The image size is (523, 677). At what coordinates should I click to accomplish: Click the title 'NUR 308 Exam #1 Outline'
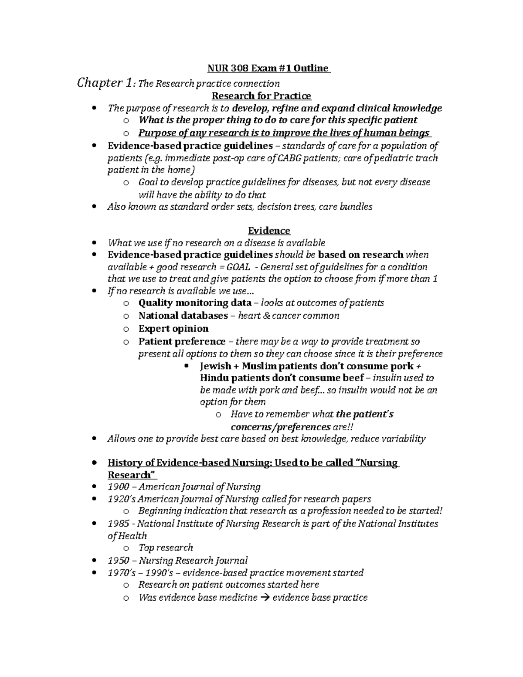click(x=268, y=68)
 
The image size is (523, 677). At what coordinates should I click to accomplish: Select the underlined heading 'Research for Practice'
click(x=261, y=96)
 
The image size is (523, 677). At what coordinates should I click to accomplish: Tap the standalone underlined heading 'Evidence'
click(x=269, y=231)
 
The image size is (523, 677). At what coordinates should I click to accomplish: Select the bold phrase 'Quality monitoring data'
click(x=195, y=303)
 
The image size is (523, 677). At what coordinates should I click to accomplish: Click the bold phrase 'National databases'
click(x=183, y=316)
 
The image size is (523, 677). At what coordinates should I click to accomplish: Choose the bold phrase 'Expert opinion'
click(x=173, y=328)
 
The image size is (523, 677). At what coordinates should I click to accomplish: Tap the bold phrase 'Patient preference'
click(x=182, y=341)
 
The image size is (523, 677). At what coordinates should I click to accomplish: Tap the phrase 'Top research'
click(x=166, y=548)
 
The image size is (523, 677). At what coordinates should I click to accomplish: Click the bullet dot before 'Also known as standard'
click(x=95, y=207)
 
